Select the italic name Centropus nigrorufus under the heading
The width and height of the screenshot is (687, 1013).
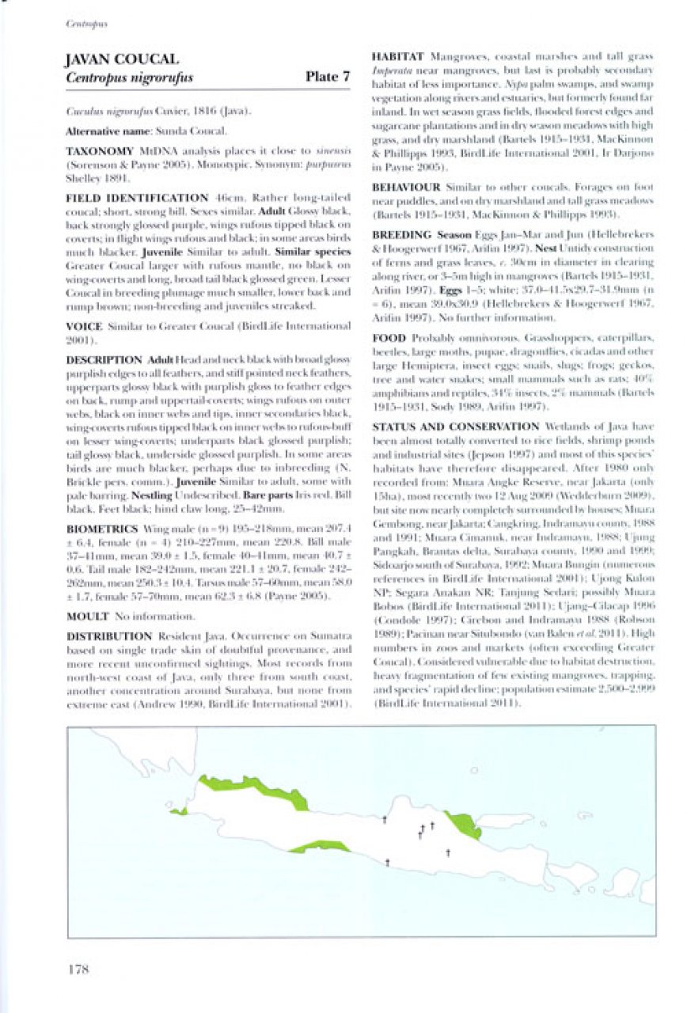coord(130,78)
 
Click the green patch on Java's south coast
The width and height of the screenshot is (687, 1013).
coord(319,848)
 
